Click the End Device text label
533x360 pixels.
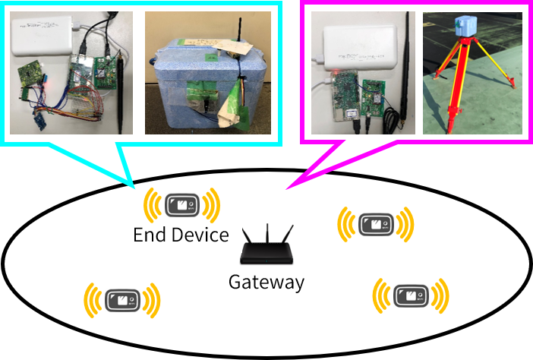click(181, 235)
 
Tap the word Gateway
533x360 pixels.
click(266, 283)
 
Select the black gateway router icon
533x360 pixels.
click(266, 249)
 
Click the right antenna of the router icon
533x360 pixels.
click(289, 235)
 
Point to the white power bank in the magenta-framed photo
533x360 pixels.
click(355, 46)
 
